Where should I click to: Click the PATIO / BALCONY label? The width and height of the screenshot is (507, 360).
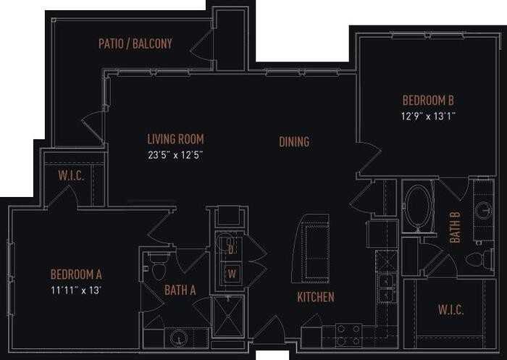tap(135, 43)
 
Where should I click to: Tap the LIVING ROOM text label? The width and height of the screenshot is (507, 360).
tap(175, 139)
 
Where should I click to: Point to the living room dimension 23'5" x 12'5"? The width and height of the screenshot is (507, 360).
tap(175, 154)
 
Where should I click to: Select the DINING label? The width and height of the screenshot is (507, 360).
tap(294, 142)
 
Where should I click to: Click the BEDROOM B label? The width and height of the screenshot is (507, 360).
tap(429, 101)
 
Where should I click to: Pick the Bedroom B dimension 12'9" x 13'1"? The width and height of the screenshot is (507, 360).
tap(429, 115)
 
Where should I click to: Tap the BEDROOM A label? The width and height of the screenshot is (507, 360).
tap(76, 275)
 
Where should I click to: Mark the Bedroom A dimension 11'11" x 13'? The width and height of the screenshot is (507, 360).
tap(76, 289)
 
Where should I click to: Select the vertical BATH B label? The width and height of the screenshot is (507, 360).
tap(455, 226)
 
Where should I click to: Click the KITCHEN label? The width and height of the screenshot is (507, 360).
tap(316, 297)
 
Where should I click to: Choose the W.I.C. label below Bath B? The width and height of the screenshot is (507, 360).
tap(451, 310)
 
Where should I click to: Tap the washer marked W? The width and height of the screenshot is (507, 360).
tap(231, 274)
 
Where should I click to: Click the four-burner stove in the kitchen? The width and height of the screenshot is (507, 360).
tap(348, 335)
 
